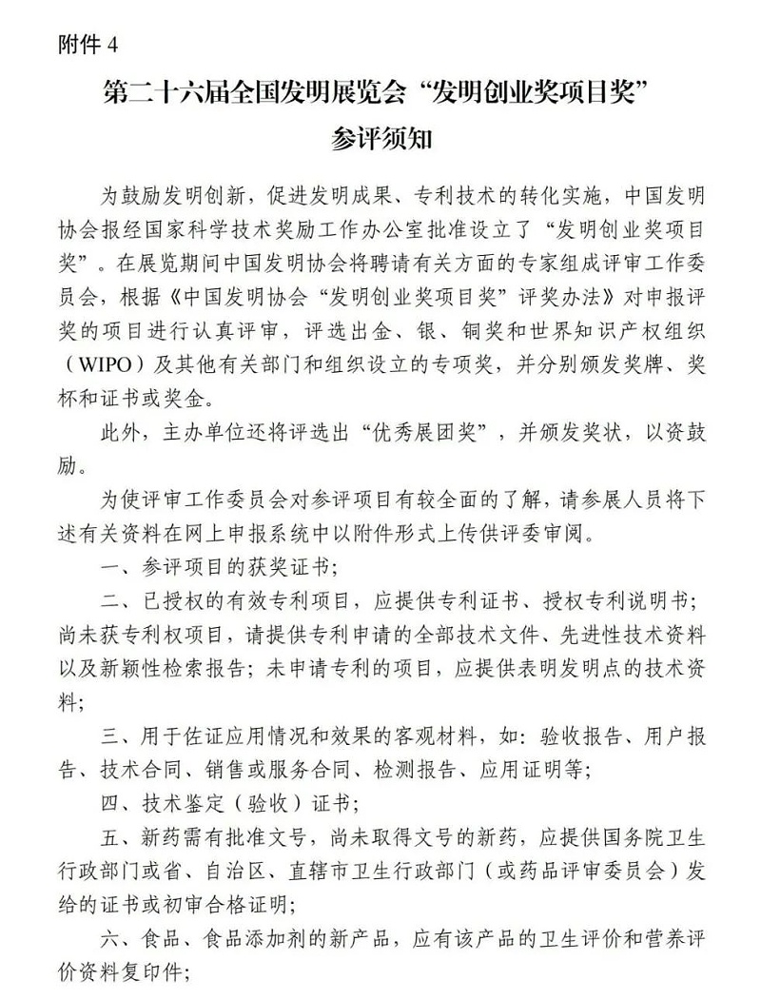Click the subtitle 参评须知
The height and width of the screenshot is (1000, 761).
(380, 140)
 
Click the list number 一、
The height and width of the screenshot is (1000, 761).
(117, 567)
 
